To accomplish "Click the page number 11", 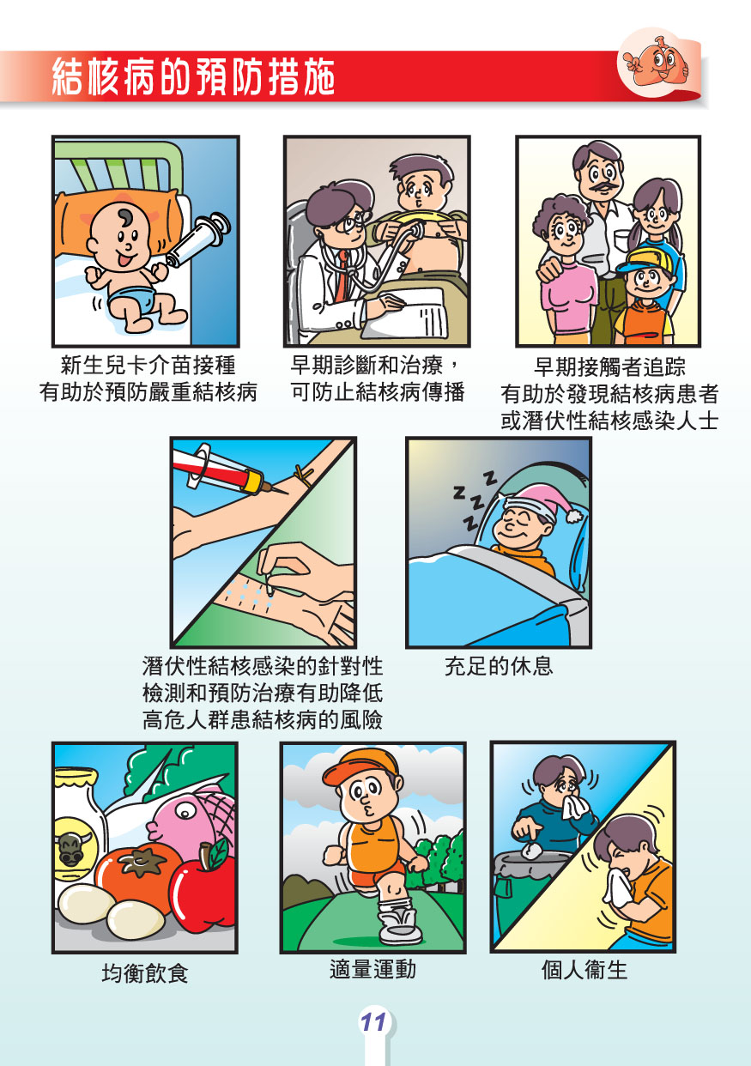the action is (373, 1021).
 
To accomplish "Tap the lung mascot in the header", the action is (657, 61).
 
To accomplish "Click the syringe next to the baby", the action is (198, 239).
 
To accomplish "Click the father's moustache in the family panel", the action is (601, 187).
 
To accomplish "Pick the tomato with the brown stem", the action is (138, 872).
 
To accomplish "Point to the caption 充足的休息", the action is (499, 666).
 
